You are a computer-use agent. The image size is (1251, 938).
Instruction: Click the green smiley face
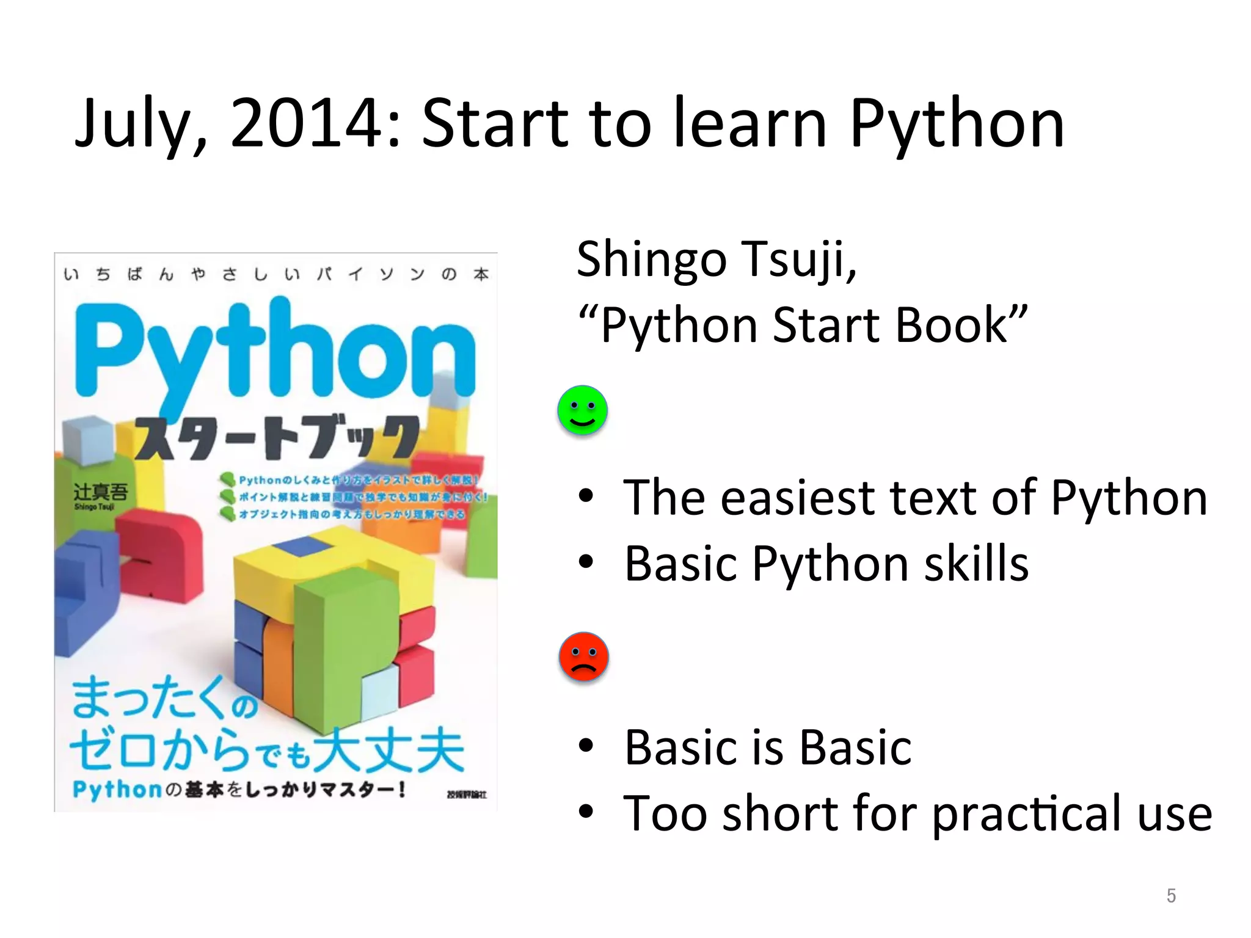pyautogui.click(x=582, y=410)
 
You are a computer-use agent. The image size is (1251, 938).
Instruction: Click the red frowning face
pyautogui.click(x=583, y=656)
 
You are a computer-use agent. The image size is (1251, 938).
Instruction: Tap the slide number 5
pyautogui.click(x=1170, y=895)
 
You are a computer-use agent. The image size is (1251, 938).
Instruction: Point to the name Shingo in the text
pyautogui.click(x=652, y=260)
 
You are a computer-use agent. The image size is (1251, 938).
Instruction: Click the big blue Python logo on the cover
pyautogui.click(x=275, y=354)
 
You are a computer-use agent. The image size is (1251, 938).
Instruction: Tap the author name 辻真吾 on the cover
pyautogui.click(x=101, y=492)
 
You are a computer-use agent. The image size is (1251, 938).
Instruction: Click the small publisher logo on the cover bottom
pyautogui.click(x=467, y=794)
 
